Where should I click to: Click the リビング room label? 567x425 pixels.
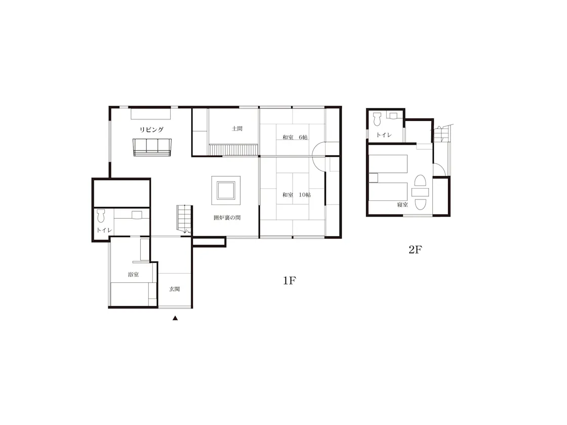pos(151,130)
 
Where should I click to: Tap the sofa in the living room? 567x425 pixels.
pos(152,147)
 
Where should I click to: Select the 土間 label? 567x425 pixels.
pos(237,129)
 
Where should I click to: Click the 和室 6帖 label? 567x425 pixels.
pos(295,137)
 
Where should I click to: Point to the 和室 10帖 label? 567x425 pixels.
pos(297,195)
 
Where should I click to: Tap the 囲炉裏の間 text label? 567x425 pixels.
pos(227,218)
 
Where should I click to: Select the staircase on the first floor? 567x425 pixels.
pos(184,218)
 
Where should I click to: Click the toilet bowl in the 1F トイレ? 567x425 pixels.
pos(101,216)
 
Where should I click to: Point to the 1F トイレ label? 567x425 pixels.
pos(104,230)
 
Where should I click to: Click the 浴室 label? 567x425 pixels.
pos(133,275)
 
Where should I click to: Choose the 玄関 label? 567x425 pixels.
pos(174,289)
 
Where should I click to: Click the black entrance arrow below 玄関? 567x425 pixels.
pos(175,318)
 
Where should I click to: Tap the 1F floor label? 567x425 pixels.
pos(290,280)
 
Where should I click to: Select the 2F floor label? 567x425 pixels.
pos(415,249)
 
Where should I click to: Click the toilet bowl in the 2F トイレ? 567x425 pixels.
pos(377,119)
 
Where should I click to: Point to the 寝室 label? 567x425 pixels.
pos(402,204)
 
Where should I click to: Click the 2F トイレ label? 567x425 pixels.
pos(384,135)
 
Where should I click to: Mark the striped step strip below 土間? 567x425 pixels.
pos(233,150)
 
